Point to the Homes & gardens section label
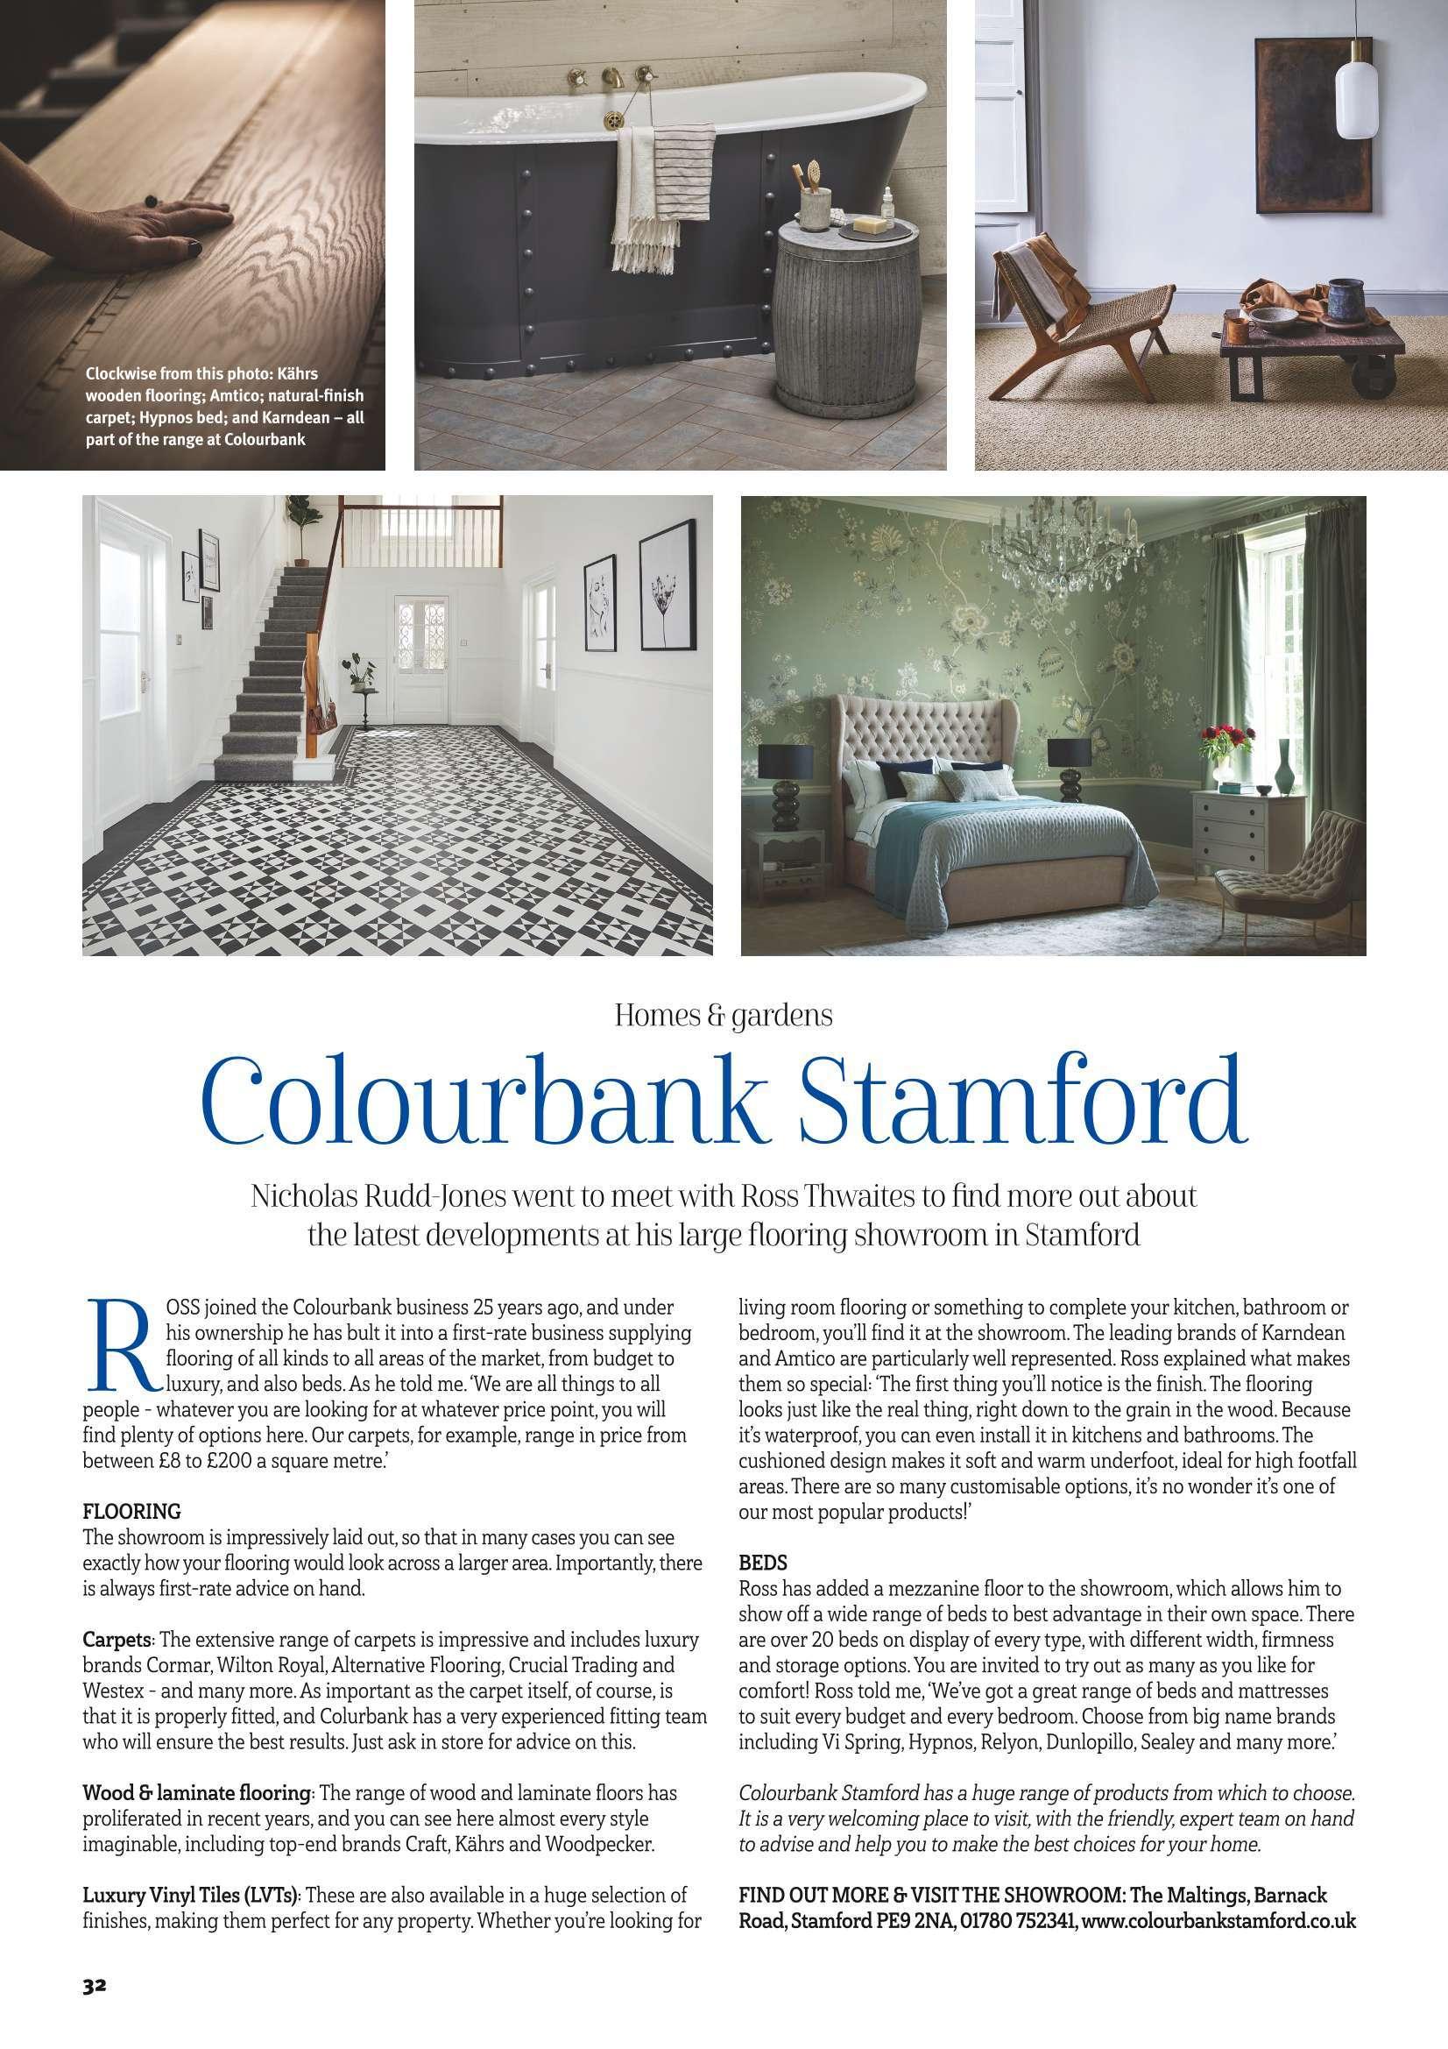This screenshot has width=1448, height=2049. click(x=724, y=1016)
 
